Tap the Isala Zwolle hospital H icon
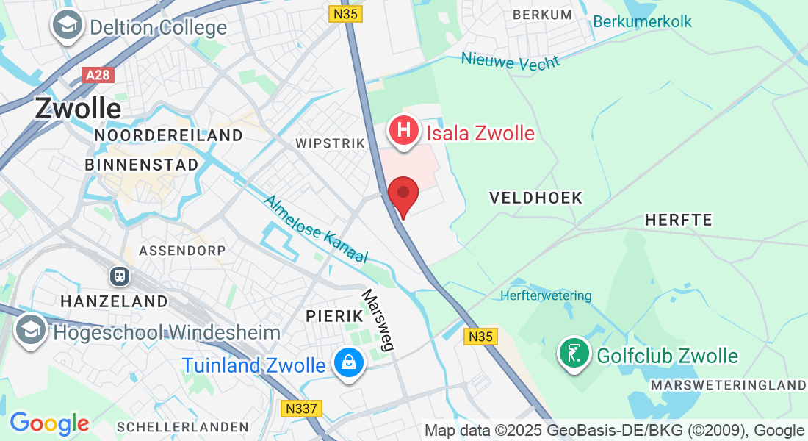(403, 132)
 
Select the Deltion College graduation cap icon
(67, 27)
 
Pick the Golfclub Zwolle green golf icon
(574, 354)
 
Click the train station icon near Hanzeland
(119, 276)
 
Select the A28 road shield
(98, 76)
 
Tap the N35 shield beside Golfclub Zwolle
(481, 337)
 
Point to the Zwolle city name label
(77, 109)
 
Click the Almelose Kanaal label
(315, 229)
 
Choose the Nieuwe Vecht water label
(510, 61)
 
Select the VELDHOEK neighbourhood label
(535, 198)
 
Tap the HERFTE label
(678, 220)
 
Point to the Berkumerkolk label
(642, 21)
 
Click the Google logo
(49, 423)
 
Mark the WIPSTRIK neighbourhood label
(330, 143)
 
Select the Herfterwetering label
(545, 295)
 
